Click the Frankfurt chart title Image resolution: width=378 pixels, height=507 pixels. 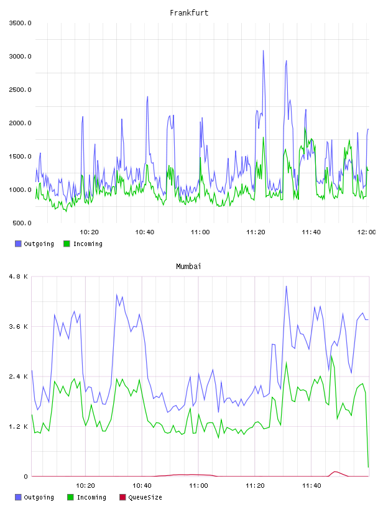tap(189, 13)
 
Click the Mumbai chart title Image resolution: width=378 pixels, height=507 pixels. tap(188, 266)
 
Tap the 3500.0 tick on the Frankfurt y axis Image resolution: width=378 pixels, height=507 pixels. tap(20, 23)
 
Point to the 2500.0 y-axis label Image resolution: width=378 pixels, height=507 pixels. tap(20, 89)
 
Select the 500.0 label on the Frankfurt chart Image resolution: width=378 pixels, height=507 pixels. tap(22, 223)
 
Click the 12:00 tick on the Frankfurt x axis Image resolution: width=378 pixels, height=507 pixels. tap(366, 232)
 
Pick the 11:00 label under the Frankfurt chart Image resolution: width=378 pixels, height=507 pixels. tap(200, 232)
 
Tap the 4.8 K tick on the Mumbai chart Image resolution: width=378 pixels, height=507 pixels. tap(19, 276)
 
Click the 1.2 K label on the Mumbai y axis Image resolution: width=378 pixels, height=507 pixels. tap(19, 426)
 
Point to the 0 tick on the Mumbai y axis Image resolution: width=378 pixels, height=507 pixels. tap(26, 477)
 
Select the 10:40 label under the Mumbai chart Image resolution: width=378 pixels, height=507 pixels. tap(142, 485)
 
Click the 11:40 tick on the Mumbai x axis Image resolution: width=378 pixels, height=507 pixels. tap(311, 485)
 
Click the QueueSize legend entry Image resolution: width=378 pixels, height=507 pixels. tap(141, 497)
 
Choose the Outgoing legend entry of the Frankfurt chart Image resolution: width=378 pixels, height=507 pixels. tap(34, 244)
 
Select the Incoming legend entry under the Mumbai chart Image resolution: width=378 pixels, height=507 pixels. tap(86, 497)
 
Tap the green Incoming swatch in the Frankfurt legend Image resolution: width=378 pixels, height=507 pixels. tap(67, 244)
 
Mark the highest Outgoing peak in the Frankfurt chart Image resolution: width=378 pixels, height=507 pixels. tap(263, 50)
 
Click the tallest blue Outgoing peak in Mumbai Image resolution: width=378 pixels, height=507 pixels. tap(286, 286)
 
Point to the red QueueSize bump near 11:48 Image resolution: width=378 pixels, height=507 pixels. tap(336, 472)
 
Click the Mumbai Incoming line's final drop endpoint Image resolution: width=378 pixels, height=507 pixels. tap(368, 467)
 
